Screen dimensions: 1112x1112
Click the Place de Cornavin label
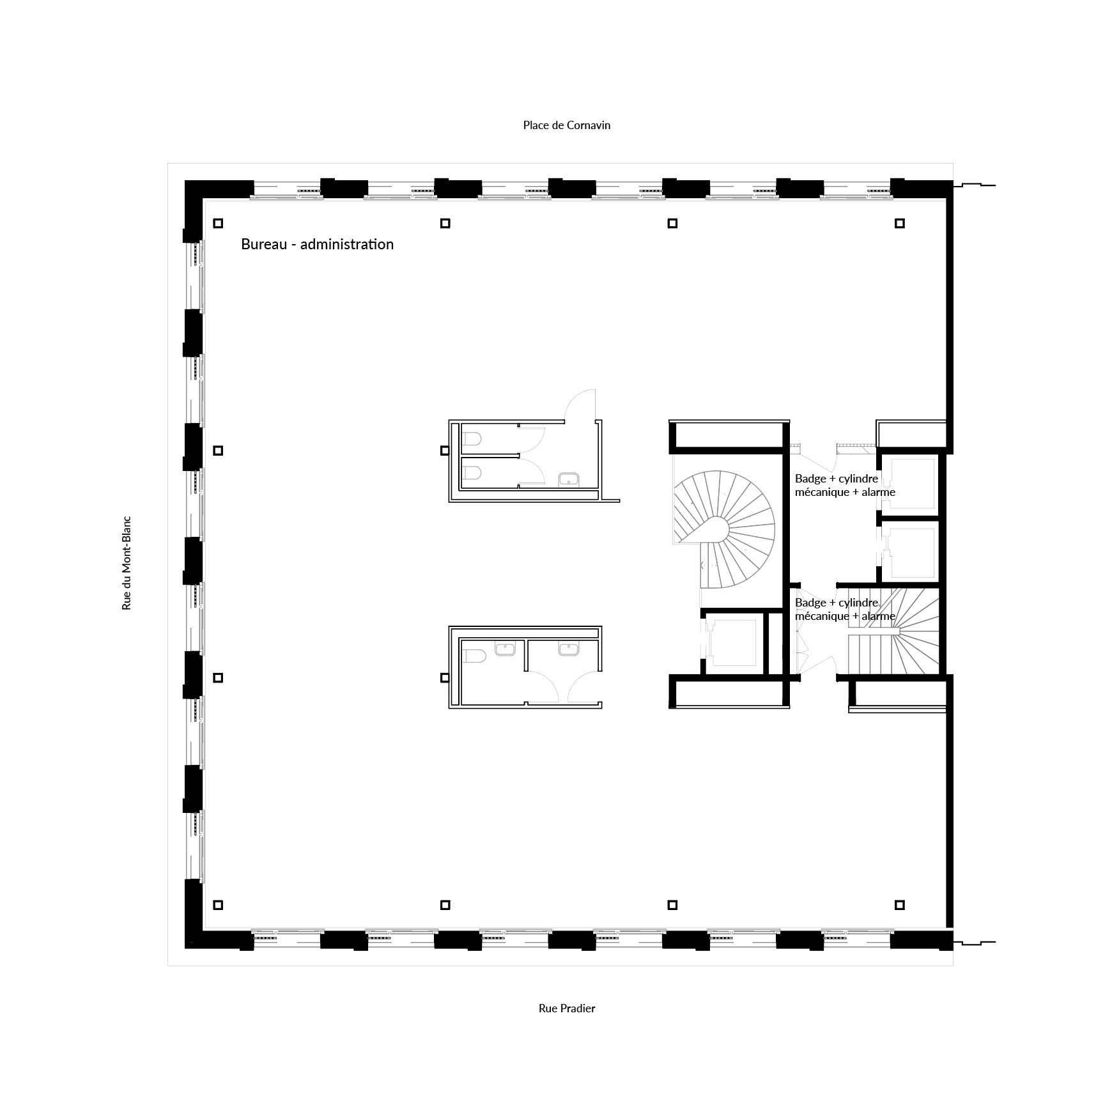point(566,125)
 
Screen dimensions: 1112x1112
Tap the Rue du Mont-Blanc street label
point(127,563)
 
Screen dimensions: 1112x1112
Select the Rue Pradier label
point(567,1008)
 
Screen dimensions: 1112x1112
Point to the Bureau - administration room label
point(317,244)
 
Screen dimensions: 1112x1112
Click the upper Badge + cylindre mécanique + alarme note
point(845,485)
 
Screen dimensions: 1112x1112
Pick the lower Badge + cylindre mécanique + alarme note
point(845,609)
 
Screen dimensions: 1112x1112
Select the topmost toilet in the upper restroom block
point(472,438)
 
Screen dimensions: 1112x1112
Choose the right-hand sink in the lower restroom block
point(568,649)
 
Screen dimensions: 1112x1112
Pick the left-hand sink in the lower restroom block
point(505,649)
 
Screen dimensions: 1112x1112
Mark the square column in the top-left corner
point(218,223)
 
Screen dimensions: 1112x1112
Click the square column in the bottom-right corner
point(900,905)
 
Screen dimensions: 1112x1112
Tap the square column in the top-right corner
point(900,223)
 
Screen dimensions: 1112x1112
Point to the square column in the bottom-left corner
point(218,905)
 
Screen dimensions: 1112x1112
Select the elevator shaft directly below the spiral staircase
point(734,641)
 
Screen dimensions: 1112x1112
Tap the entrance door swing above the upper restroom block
point(580,405)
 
